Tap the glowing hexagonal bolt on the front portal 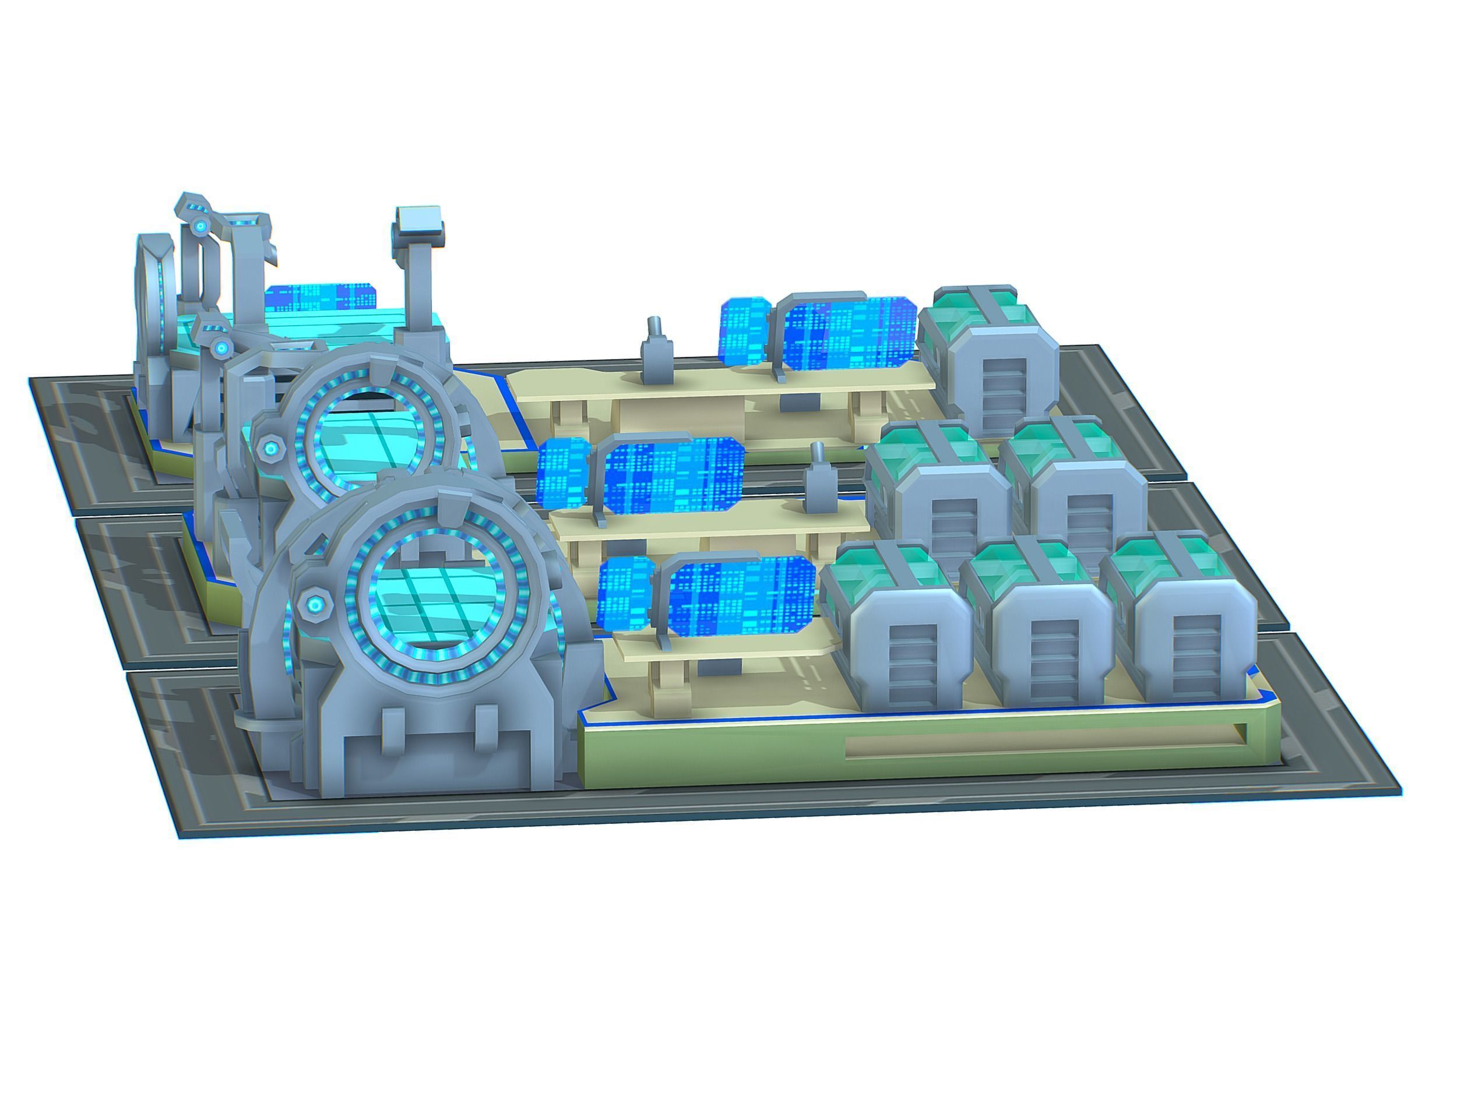pyautogui.click(x=315, y=602)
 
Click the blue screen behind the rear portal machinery pyautogui.click(x=323, y=298)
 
